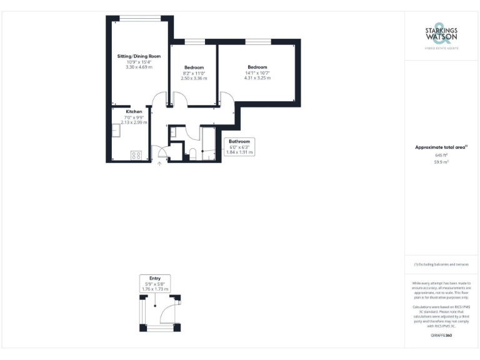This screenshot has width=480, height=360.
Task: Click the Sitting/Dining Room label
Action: (139, 56)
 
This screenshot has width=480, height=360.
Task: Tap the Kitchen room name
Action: (134, 112)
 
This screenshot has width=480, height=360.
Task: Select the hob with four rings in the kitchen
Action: (136, 155)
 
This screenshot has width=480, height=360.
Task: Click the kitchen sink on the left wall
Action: (116, 130)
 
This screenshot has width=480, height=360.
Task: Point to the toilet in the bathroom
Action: (193, 154)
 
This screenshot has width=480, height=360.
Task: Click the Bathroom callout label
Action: (239, 141)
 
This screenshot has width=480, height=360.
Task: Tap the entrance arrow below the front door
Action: (159, 164)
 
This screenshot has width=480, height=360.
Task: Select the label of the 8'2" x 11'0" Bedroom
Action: (194, 67)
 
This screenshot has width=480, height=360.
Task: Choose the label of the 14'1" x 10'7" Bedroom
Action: (257, 67)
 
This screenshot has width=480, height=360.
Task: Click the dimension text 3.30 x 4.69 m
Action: (139, 67)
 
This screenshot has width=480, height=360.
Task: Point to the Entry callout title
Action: (154, 279)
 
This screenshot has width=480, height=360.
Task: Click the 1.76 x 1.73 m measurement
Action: (154, 289)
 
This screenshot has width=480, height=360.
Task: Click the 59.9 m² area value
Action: (441, 161)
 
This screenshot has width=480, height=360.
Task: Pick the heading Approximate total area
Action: (441, 147)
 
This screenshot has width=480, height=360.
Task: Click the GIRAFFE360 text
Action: (441, 336)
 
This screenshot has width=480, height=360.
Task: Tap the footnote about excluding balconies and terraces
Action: (441, 264)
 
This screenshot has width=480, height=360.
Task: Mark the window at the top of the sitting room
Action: (139, 17)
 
